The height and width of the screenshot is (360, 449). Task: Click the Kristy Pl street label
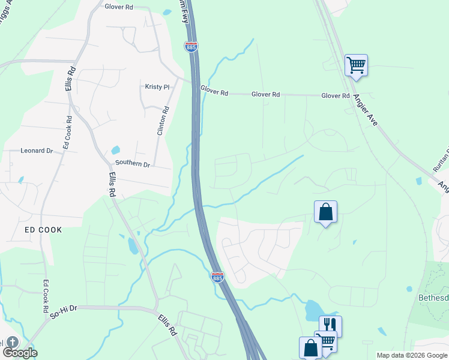pyautogui.click(x=157, y=86)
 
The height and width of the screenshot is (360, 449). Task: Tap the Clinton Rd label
pyautogui.click(x=161, y=121)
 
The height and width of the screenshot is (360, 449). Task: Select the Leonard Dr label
pyautogui.click(x=37, y=151)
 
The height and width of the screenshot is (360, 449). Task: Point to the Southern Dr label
pyautogui.click(x=132, y=163)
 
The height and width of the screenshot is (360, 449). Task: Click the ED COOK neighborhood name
pyautogui.click(x=43, y=230)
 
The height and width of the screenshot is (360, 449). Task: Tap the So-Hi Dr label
pyautogui.click(x=64, y=308)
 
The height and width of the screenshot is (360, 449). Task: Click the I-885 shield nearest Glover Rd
pyautogui.click(x=191, y=46)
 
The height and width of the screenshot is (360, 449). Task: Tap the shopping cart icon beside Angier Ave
pyautogui.click(x=356, y=65)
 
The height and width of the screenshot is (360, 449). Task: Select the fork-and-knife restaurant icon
pyautogui.click(x=330, y=326)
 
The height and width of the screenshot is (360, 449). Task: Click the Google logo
pyautogui.click(x=19, y=352)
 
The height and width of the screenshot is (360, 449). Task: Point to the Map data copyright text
pyautogui.click(x=412, y=355)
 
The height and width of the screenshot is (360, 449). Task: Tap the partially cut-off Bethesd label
pyautogui.click(x=433, y=297)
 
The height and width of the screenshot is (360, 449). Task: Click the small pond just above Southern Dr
pyautogui.click(x=115, y=150)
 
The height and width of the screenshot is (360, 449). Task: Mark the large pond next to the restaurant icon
pyautogui.click(x=313, y=310)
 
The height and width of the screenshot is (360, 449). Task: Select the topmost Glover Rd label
pyautogui.click(x=118, y=8)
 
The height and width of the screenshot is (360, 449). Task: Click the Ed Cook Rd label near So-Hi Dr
pyautogui.click(x=46, y=296)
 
